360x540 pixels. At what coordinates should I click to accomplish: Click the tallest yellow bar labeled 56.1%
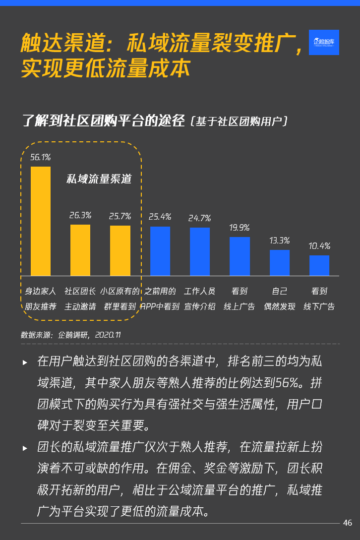pos(41,221)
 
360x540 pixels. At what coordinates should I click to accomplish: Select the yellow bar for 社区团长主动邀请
pos(80,250)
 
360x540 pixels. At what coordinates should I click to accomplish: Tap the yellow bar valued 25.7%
pos(120,250)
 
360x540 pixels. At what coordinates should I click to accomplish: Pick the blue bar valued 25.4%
pos(160,251)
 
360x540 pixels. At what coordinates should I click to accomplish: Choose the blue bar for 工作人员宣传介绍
pos(200,251)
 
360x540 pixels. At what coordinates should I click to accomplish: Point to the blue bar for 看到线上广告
pos(240,256)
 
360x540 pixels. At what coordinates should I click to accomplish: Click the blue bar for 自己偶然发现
pos(280,263)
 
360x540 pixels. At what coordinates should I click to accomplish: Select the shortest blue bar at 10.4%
pos(319,265)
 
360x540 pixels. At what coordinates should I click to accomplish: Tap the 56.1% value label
pos(41,157)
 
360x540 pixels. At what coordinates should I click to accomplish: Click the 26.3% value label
pos(80,215)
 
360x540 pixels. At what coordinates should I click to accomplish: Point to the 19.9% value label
pos(240,228)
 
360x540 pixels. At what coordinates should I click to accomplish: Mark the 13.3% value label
pos(280,240)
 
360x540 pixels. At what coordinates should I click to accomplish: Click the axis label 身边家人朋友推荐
pos(41,299)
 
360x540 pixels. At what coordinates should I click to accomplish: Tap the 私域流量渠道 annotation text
pos(99,180)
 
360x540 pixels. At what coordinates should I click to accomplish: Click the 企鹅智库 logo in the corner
pos(324,42)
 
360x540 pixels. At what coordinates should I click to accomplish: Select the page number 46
pos(348,523)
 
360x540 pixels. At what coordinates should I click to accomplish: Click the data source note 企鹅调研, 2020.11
pos(71,335)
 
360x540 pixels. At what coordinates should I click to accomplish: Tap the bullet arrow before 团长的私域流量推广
pos(25,448)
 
